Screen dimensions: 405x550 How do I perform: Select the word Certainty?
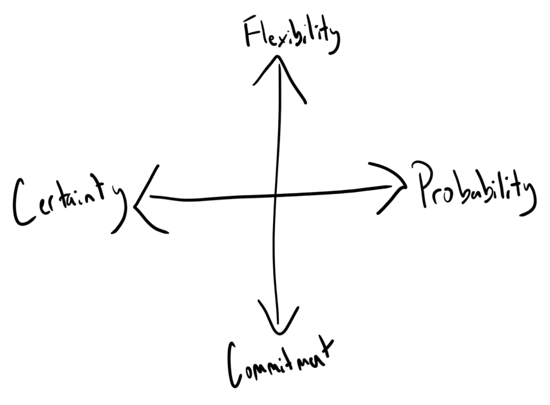[67, 201]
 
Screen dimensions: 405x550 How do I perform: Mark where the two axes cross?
[276, 194]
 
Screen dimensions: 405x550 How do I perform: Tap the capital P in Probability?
[422, 185]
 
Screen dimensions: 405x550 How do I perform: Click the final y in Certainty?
[119, 204]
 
